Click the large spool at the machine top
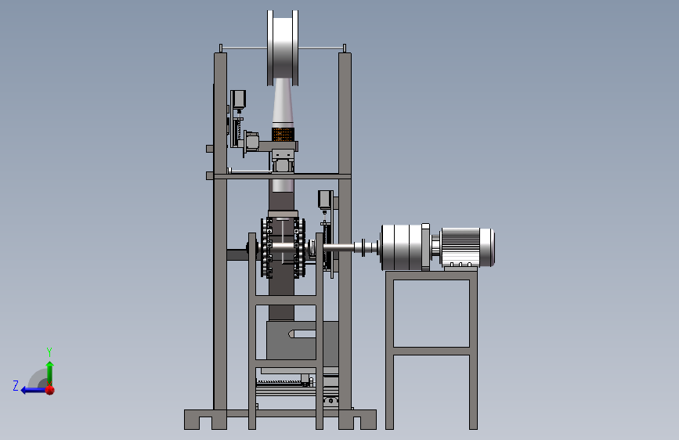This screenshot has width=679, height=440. point(283,48)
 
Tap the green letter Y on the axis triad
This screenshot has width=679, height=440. point(49,352)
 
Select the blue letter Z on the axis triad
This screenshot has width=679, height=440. point(16,385)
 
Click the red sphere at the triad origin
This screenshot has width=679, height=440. point(50,390)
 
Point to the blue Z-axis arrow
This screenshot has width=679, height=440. point(34,390)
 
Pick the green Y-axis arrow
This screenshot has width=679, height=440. point(50,373)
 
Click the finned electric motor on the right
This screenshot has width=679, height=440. point(468,247)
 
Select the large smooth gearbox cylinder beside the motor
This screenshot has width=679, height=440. point(402,247)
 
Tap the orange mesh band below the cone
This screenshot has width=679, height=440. point(283,134)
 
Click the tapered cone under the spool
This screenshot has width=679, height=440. point(283,103)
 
